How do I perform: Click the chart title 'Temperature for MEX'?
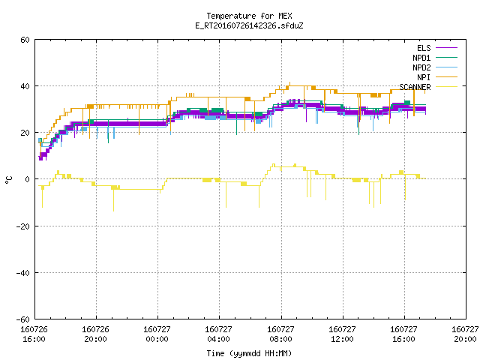249,16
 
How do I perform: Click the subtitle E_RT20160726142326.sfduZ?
249,25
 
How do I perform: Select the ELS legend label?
424,48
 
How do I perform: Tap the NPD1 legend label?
421,58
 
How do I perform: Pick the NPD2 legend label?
421,67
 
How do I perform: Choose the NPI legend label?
424,77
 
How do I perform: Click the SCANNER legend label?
415,87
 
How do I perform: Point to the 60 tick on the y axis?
25,40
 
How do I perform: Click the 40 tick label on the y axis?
25,86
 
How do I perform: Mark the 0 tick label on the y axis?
27,179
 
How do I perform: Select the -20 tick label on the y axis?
23,226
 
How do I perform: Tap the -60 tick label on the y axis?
23,319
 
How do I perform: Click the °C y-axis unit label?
8,180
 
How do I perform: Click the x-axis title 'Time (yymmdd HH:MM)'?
249,353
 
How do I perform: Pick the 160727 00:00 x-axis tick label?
157,334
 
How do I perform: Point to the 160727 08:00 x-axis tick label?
280,334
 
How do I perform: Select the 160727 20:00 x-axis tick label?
465,334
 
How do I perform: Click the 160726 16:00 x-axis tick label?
34,334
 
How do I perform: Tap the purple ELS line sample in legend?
447,48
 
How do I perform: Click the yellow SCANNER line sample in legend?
447,87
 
